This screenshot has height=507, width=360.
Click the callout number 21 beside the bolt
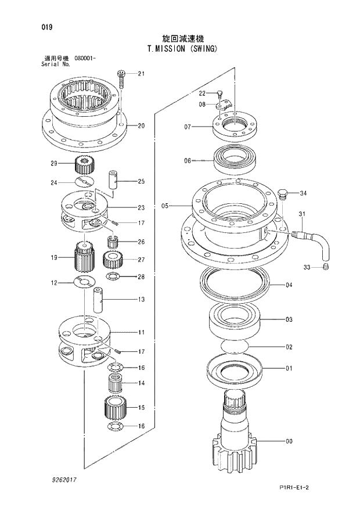(x=141, y=73)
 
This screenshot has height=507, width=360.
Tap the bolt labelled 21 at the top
(x=121, y=78)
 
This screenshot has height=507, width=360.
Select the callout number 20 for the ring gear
(x=141, y=125)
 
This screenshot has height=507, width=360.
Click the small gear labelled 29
(x=85, y=165)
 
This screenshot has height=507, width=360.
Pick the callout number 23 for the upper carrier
(x=141, y=207)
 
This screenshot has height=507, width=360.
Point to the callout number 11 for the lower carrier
(x=141, y=332)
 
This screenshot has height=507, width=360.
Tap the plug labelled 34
(x=283, y=194)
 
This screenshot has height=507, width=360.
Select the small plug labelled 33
(x=326, y=267)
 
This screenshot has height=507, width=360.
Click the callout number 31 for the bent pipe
(x=301, y=215)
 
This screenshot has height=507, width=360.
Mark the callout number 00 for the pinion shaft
(x=289, y=441)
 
